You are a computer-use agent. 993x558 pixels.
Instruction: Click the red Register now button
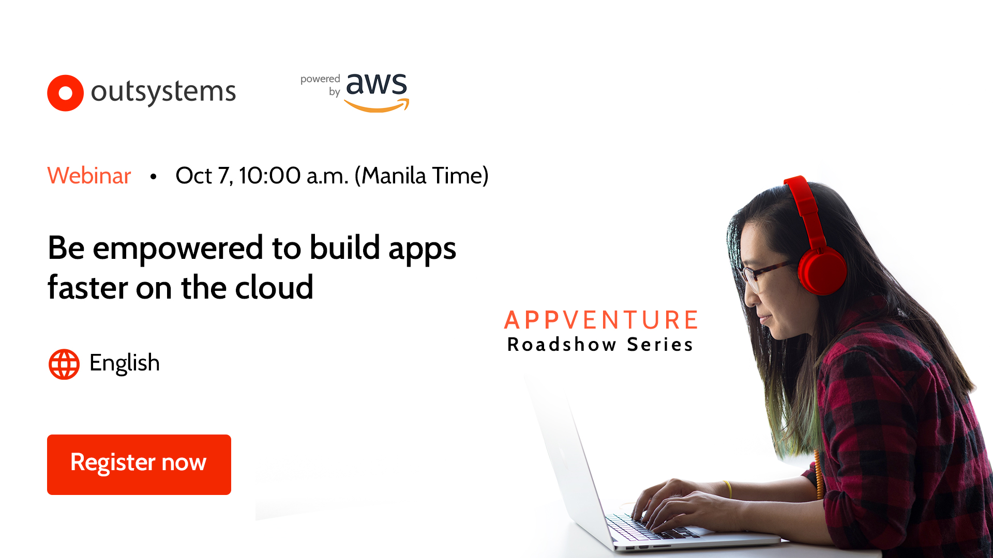139,464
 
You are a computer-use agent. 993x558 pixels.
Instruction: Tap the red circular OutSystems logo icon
65,93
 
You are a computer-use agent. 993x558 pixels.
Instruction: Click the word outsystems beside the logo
163,92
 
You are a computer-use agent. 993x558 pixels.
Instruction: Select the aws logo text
377,84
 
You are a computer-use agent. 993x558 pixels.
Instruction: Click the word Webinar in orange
89,176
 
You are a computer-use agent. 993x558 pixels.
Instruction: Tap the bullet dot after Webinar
153,177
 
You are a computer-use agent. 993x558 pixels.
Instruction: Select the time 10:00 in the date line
269,176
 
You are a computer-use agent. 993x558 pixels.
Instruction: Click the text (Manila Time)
421,176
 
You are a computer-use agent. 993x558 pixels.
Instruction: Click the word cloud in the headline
274,288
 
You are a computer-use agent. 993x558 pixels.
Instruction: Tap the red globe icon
64,364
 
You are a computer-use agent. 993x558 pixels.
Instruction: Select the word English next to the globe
124,363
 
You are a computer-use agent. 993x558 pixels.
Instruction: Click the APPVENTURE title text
601,320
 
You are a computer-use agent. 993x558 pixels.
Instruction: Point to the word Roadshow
562,345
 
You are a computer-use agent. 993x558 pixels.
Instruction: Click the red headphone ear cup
822,270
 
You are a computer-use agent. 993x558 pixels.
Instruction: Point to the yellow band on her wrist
728,489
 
